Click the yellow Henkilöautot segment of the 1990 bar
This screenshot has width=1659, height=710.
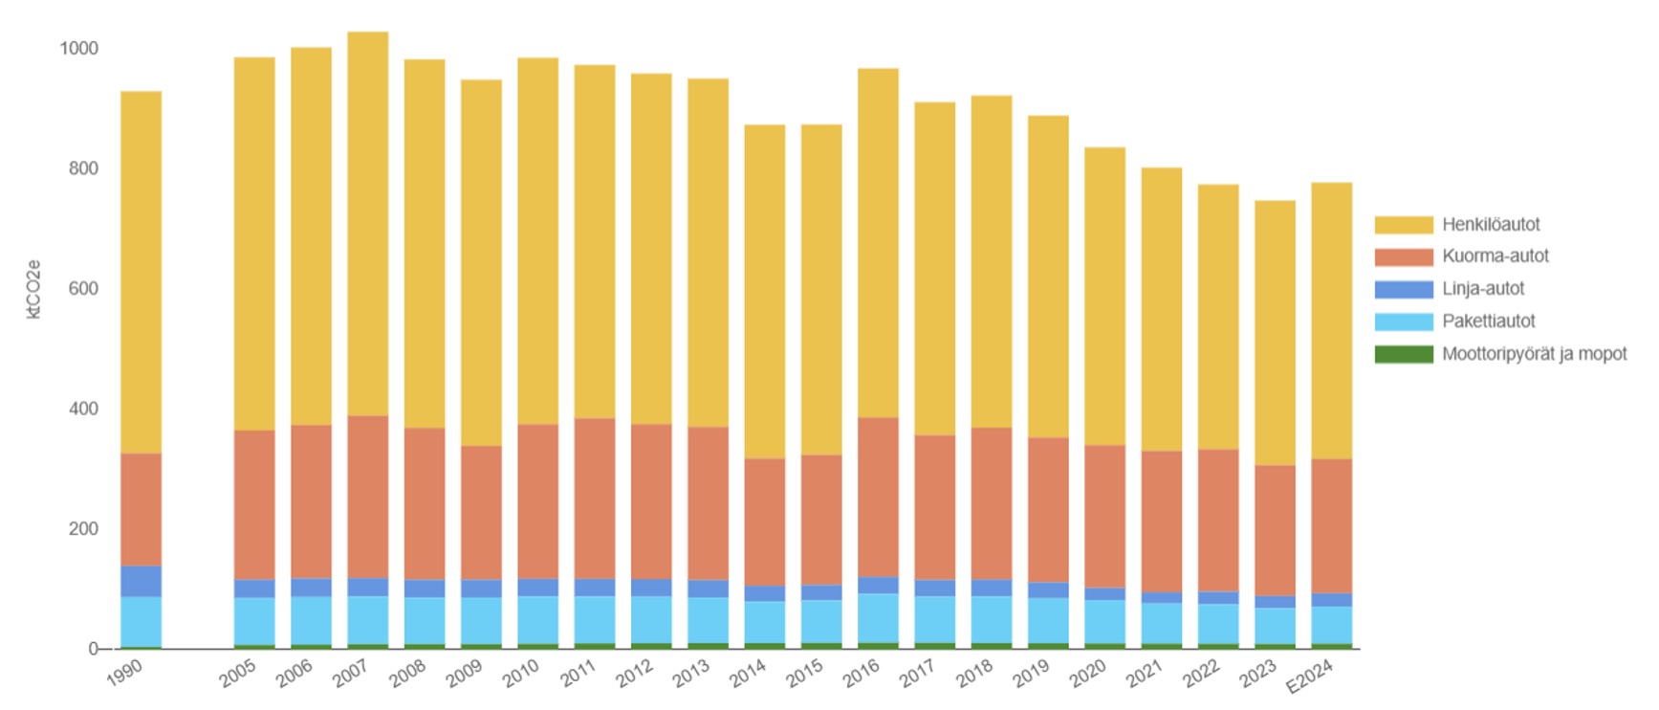(x=141, y=273)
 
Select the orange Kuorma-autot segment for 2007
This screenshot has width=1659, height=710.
(x=368, y=497)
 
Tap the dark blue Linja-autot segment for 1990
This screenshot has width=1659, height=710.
(x=141, y=582)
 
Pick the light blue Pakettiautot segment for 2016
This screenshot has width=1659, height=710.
(x=878, y=618)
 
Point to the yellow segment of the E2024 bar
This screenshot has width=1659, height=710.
(x=1331, y=321)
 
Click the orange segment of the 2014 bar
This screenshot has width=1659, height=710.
(x=765, y=522)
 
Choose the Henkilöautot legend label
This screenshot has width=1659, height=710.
(x=1491, y=225)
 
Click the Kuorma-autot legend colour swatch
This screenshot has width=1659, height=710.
(x=1404, y=256)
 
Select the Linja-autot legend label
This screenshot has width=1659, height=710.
(x=1483, y=289)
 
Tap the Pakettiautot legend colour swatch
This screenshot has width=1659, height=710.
(x=1404, y=322)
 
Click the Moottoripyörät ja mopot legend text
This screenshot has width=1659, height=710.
(x=1534, y=354)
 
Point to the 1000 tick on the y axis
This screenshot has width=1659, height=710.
(x=79, y=49)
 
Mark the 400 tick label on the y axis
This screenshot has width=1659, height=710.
(x=83, y=409)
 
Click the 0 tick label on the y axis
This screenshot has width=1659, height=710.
(x=93, y=649)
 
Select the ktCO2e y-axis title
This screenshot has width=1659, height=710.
(x=34, y=288)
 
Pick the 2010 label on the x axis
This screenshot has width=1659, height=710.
(x=521, y=674)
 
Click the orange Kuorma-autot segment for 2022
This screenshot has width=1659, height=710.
(x=1217, y=521)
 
